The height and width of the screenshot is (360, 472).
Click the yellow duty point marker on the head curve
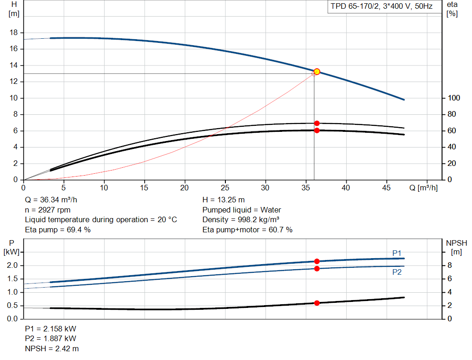tap(317, 71)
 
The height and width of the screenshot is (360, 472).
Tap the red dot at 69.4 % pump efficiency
tap(317, 123)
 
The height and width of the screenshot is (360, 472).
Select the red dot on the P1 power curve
tap(317, 261)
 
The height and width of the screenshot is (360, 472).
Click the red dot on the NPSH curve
tap(317, 303)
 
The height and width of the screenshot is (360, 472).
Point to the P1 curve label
tap(397, 253)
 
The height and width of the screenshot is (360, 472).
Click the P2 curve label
tap(397, 272)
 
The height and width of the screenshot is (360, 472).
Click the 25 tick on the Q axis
tap(225, 188)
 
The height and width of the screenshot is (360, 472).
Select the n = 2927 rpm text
tap(48, 210)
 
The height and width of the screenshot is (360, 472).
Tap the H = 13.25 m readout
tap(224, 200)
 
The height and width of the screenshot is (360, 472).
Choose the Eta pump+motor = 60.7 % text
tap(248, 230)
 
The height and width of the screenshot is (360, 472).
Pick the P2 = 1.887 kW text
tap(51, 339)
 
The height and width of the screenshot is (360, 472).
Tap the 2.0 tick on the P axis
tap(12, 266)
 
